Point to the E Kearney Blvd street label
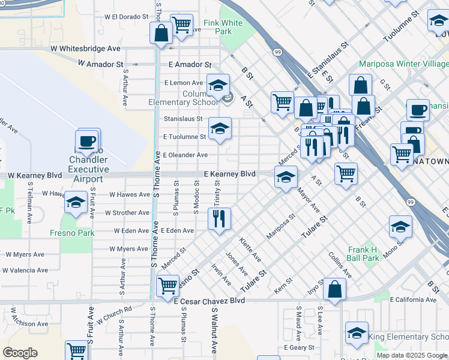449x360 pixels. click(229, 174)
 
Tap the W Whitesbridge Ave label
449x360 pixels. click(85, 48)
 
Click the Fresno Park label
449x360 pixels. click(77, 233)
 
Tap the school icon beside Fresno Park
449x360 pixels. click(76, 203)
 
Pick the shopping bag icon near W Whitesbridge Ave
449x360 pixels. click(161, 34)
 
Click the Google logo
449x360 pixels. click(20, 353)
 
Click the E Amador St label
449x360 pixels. click(190, 64)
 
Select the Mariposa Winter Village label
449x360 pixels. click(403, 64)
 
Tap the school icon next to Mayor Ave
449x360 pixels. click(286, 177)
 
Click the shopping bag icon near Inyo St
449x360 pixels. click(334, 290)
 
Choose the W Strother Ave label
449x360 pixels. click(127, 213)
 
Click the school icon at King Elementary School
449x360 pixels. click(357, 334)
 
